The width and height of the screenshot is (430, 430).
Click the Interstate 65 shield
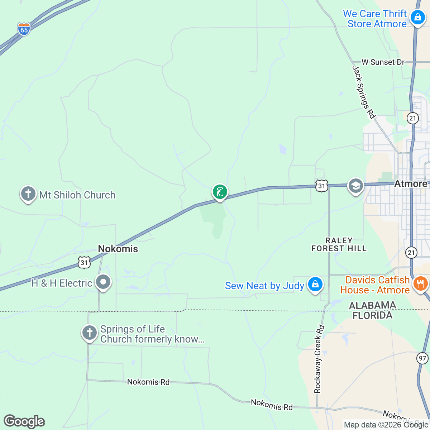click(24, 29)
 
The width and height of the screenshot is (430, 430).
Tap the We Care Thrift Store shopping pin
click(417, 16)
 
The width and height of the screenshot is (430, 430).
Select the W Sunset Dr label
click(383, 62)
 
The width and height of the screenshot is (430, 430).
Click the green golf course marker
click(220, 192)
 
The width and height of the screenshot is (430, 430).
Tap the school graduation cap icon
click(355, 186)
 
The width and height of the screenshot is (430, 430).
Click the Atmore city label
click(411, 184)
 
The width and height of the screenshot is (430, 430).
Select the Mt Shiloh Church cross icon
click(28, 194)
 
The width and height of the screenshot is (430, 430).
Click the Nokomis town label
click(118, 249)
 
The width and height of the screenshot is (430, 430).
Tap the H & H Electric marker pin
click(103, 282)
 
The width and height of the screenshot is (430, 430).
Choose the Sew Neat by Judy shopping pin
click(315, 285)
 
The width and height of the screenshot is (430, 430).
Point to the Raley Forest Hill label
click(339, 244)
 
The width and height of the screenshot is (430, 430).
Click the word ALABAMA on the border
click(372, 305)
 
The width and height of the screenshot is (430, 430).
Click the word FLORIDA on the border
click(372, 315)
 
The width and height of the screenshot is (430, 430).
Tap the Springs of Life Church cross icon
click(89, 333)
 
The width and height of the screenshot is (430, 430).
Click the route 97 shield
click(422, 358)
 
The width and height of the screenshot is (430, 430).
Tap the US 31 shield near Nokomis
click(84, 263)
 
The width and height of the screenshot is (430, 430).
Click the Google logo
click(24, 421)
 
